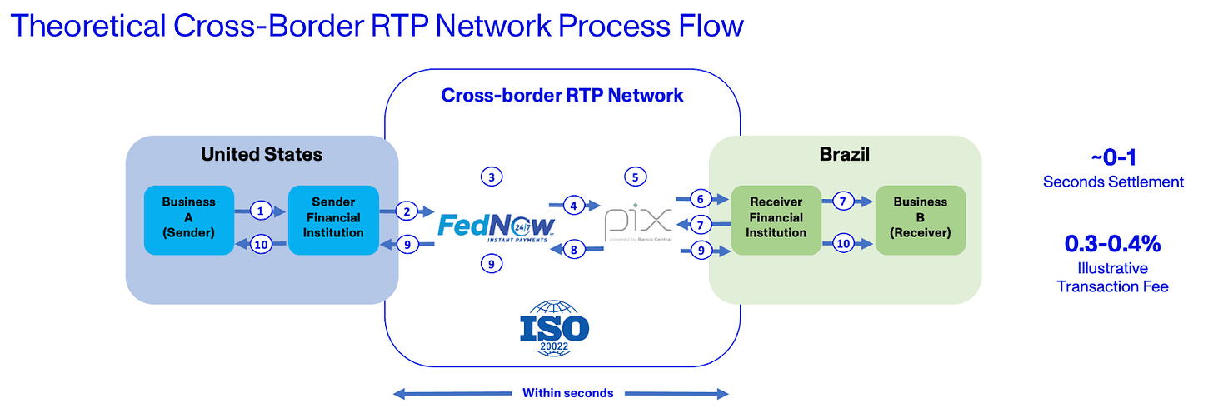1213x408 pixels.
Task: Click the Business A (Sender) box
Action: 188,218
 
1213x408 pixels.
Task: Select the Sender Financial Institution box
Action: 333,218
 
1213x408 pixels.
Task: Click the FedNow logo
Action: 497,226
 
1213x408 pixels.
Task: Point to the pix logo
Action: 637,223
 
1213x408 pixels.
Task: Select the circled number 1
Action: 261,211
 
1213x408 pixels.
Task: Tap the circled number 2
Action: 407,211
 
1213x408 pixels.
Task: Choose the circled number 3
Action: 492,177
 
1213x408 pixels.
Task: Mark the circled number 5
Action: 635,177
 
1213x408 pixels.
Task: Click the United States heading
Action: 261,155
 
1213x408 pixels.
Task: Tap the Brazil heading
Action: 846,155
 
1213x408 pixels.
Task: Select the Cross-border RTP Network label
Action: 562,96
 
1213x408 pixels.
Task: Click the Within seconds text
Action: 567,393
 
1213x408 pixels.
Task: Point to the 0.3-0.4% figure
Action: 1112,244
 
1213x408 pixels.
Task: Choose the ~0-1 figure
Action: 1112,158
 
